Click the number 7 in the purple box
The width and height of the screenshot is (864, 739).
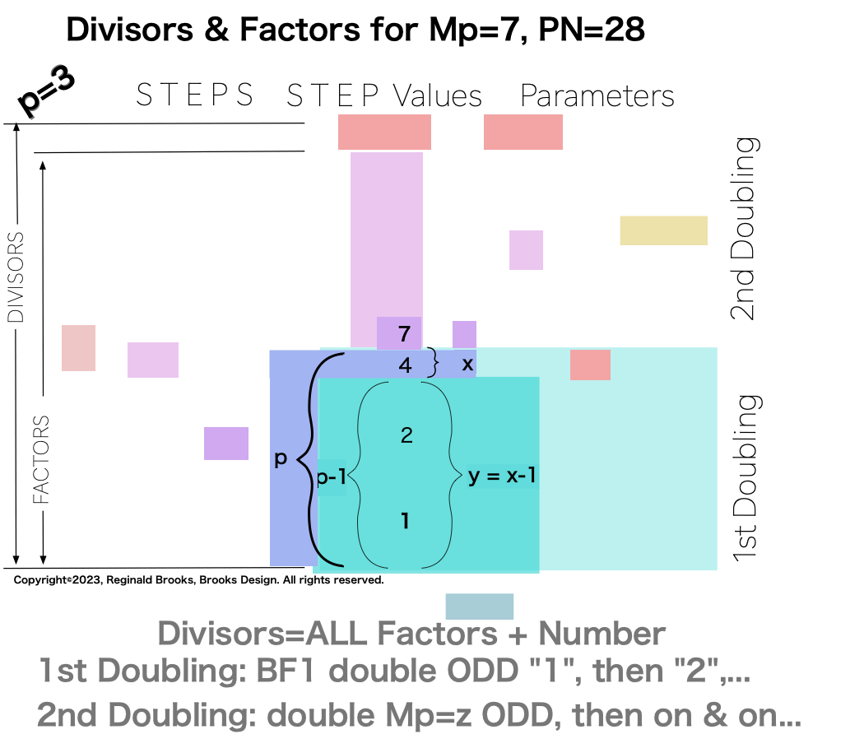pyautogui.click(x=403, y=334)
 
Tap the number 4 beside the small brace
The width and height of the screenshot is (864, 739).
pyautogui.click(x=405, y=365)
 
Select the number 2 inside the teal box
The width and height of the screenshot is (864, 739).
pyautogui.click(x=406, y=435)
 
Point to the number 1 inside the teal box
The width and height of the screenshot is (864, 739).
pyautogui.click(x=405, y=521)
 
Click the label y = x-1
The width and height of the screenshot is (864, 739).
pyautogui.click(x=502, y=476)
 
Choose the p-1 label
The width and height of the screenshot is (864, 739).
pyautogui.click(x=331, y=478)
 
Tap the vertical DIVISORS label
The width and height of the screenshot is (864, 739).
pyautogui.click(x=16, y=277)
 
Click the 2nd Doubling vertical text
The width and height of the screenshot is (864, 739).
pyautogui.click(x=743, y=228)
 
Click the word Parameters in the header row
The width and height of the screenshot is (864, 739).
pyautogui.click(x=597, y=96)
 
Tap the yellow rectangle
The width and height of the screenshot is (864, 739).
pyautogui.click(x=663, y=230)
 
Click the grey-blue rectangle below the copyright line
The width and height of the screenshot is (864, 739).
pyautogui.click(x=479, y=607)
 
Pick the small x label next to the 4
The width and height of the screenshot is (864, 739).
pyautogui.click(x=467, y=364)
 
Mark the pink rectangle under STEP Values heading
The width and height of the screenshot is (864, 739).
pyautogui.click(x=384, y=132)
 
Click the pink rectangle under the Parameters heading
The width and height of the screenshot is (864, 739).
pyautogui.click(x=523, y=132)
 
